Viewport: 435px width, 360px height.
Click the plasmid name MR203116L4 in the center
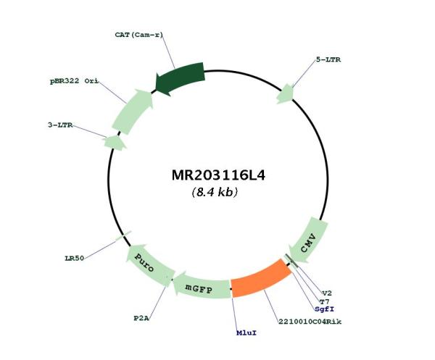[218, 175]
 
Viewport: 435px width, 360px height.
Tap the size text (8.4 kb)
[215, 192]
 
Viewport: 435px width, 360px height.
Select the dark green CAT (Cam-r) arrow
[181, 78]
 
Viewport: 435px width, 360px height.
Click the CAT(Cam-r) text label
[138, 35]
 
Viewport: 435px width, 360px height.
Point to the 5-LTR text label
[328, 59]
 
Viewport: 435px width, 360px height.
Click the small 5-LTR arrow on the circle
[286, 94]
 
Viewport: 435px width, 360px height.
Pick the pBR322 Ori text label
[74, 81]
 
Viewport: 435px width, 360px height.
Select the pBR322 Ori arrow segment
[133, 112]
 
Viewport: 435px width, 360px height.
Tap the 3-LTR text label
[60, 125]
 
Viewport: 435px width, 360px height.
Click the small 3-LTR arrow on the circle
[115, 143]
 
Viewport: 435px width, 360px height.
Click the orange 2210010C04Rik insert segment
[261, 278]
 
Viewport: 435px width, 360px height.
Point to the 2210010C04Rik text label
[310, 322]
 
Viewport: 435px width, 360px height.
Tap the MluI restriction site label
[246, 332]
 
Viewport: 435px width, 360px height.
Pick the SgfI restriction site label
[324, 309]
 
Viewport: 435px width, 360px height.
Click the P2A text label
[141, 319]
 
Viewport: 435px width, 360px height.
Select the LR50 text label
[75, 259]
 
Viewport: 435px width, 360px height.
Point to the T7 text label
[324, 301]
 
